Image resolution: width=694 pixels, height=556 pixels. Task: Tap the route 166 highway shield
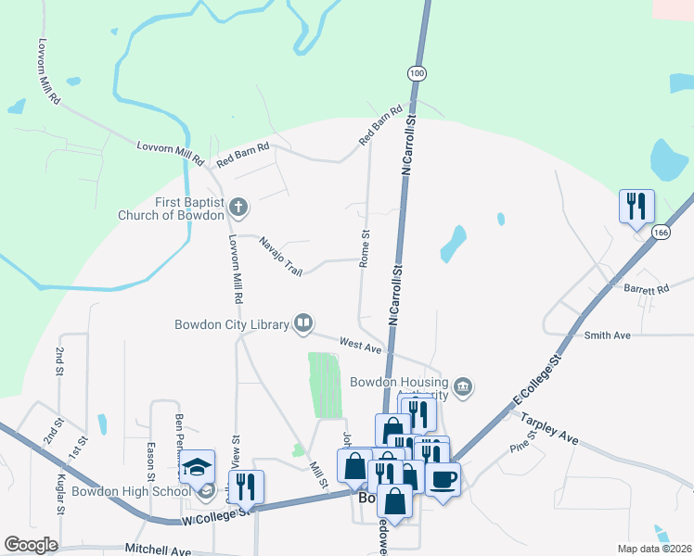[x=660, y=232]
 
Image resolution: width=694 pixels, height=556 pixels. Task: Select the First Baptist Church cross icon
[x=238, y=206]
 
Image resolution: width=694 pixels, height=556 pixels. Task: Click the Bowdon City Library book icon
[x=302, y=322]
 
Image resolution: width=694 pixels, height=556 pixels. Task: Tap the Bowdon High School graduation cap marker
[x=197, y=468]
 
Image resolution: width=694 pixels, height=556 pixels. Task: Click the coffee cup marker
[x=443, y=479]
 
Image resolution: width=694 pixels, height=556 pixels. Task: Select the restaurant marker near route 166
[x=636, y=206]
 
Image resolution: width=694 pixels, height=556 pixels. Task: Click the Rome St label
[x=366, y=245]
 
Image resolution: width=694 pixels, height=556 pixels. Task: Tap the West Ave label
[x=361, y=346]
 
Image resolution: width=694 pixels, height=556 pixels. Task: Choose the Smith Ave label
[x=608, y=335]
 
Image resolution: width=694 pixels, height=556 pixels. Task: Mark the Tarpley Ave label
[x=549, y=428]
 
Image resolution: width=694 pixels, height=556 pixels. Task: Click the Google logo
[x=32, y=545]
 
